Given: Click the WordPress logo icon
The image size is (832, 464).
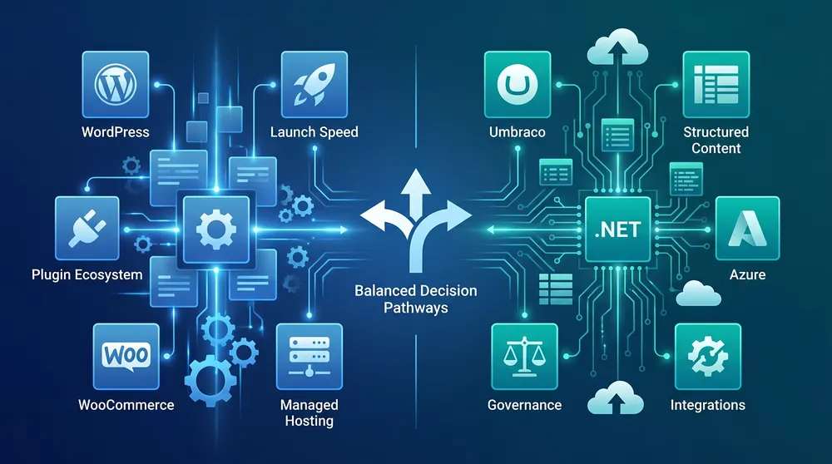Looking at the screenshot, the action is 115,84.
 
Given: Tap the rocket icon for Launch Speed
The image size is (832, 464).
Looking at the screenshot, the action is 314,84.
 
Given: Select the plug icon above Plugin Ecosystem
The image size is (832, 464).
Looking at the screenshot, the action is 87,228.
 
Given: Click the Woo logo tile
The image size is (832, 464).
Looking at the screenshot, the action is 126,357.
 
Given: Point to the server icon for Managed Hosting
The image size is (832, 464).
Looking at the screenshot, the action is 310,357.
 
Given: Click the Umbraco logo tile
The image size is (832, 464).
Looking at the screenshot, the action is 518,84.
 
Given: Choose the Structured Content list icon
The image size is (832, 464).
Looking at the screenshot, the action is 716,84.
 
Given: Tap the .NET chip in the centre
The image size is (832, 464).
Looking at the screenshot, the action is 617,230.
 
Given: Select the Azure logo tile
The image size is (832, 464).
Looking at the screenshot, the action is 747,228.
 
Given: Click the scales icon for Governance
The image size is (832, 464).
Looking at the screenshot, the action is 524,357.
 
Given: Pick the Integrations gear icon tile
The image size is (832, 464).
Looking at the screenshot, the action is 708,357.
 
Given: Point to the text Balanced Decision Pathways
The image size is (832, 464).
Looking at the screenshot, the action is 416,299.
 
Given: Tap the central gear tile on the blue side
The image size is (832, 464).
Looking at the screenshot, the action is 216,230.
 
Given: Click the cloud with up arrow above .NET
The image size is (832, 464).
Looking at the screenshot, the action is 617,47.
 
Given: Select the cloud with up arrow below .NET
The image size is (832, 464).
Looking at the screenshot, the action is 616,397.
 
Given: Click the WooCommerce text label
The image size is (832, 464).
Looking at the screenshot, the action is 126,405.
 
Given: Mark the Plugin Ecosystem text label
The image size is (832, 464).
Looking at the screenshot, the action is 87,274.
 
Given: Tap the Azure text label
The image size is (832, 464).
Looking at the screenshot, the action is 747,274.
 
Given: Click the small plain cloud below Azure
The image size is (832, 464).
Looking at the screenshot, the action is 699,294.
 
